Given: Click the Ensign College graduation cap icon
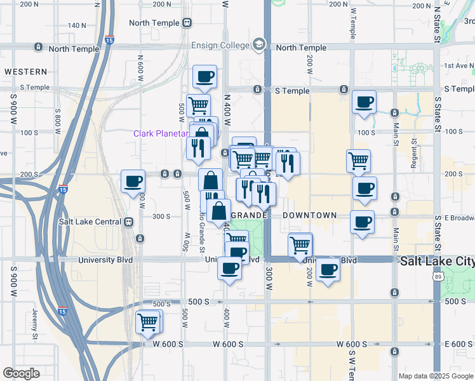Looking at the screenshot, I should pos(258,44).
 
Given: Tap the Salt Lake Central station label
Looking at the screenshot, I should pos(90,222).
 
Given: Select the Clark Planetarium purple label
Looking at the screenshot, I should pos(161,133).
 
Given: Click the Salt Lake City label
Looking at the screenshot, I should pos(437,261).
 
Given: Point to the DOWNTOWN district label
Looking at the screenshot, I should pos(309,215).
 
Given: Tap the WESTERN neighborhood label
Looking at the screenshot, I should pos(25,72).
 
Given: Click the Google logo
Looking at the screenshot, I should pos(21,373).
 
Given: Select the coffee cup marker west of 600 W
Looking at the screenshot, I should pos(133,182).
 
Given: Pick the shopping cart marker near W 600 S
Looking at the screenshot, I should pos(148,322).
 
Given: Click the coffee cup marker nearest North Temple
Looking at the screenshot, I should pos(204,77).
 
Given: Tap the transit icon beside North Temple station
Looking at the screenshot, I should pos(187,23).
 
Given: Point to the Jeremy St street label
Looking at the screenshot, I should pos(35,322).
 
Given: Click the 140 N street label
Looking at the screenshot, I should pos(76,25).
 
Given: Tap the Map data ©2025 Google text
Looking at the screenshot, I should pos(436,376).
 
